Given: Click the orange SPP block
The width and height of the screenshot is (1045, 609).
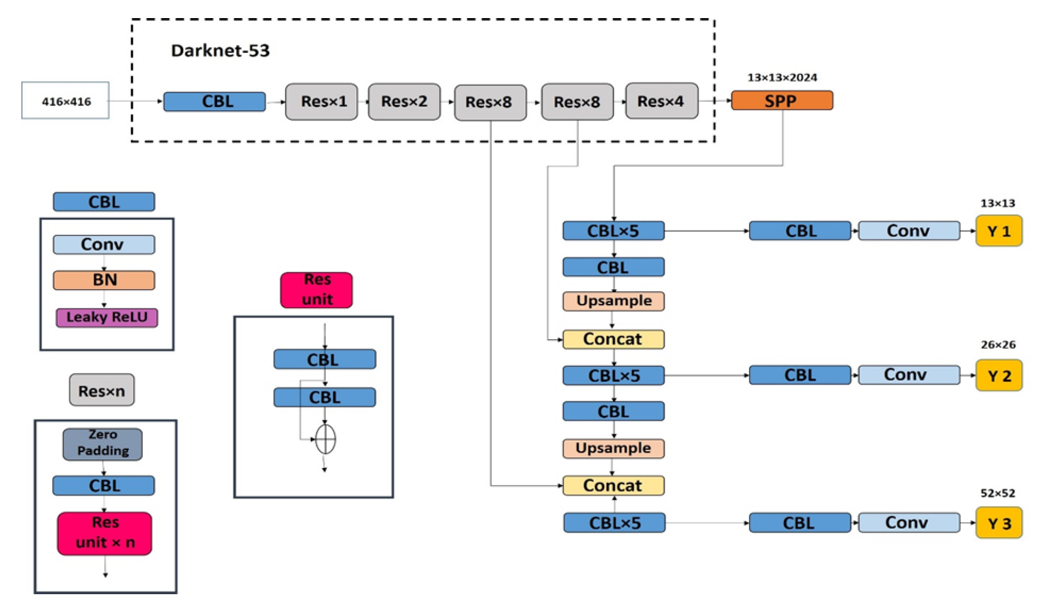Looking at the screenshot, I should (x=781, y=101).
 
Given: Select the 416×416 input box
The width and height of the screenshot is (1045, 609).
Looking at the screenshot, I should (x=65, y=101).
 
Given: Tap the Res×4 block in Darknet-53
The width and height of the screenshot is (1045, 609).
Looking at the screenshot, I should (x=661, y=101).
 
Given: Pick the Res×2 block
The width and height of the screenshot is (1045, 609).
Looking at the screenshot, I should (x=404, y=101).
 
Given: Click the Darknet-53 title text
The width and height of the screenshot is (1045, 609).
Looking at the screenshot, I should (x=220, y=50).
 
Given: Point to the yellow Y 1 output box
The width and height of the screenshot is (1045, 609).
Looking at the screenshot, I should (x=998, y=231).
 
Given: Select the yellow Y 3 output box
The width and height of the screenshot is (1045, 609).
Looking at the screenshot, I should (x=998, y=523).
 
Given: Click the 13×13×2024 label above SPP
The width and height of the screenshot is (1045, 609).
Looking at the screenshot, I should (x=782, y=77).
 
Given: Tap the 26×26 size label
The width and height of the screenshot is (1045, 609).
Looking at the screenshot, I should (x=998, y=345).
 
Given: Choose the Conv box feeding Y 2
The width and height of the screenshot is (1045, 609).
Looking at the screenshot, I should (x=908, y=375).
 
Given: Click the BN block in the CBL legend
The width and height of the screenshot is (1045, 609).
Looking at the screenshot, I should (x=104, y=280).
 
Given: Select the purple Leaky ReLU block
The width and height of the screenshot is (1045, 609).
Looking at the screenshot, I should (x=107, y=317).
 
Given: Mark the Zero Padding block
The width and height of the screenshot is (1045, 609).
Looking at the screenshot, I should (x=103, y=443).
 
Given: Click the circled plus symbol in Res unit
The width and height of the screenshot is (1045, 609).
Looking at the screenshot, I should (x=325, y=439).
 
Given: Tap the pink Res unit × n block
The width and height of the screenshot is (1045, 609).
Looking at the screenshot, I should (x=105, y=533).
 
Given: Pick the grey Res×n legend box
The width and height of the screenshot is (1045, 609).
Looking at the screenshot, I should (x=101, y=391).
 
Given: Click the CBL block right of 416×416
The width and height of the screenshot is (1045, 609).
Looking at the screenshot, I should (x=214, y=101).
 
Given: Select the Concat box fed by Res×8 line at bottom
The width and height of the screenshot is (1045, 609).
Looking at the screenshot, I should (x=613, y=486).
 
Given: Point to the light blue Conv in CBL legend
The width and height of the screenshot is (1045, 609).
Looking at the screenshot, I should (x=104, y=244).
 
